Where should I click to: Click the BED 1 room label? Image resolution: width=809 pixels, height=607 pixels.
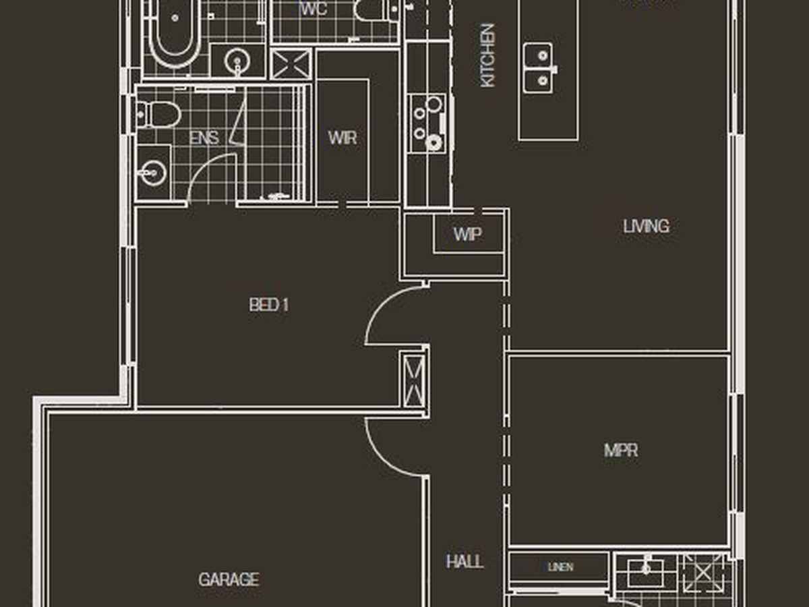tap(269, 305)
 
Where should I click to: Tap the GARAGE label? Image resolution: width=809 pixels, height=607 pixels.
tap(229, 579)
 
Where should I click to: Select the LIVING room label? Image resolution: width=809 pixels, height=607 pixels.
tap(646, 226)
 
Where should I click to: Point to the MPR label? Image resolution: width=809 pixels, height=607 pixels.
tap(621, 451)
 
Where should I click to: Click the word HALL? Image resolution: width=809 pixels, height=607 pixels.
tap(465, 561)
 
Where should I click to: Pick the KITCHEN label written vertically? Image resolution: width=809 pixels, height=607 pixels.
tap(487, 56)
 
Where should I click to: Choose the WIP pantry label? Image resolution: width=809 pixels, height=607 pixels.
tap(467, 234)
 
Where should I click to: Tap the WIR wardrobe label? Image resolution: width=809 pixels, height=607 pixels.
tap(342, 138)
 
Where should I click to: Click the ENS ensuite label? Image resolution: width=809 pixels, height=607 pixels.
tap(204, 138)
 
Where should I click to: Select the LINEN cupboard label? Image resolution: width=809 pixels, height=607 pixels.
tap(561, 567)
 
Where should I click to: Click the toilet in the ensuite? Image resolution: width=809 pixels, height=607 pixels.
tap(158, 115)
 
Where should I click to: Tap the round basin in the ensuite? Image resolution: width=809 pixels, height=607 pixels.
tap(152, 173)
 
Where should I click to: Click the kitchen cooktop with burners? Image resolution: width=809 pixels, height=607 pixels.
tap(427, 123)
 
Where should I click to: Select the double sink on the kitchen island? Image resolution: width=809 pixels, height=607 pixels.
tap(540, 68)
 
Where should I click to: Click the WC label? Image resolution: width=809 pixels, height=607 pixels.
tap(313, 9)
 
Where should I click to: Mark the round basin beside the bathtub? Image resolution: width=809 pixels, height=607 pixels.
tap(237, 61)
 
